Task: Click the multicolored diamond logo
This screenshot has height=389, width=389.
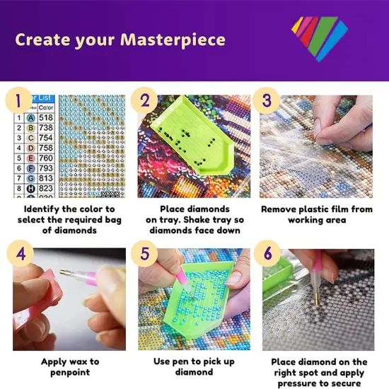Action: pos(319,37)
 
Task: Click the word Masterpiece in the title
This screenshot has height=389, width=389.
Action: pos(168,38)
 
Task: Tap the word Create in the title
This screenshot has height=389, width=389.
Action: pos(42,38)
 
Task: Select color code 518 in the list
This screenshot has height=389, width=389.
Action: pos(46,118)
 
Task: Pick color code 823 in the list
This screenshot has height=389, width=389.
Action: pos(46,189)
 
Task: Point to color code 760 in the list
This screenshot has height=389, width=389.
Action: pos(46,158)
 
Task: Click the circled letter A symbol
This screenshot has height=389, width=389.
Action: pos(31,118)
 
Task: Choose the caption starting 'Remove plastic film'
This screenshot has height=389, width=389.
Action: pos(316,214)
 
